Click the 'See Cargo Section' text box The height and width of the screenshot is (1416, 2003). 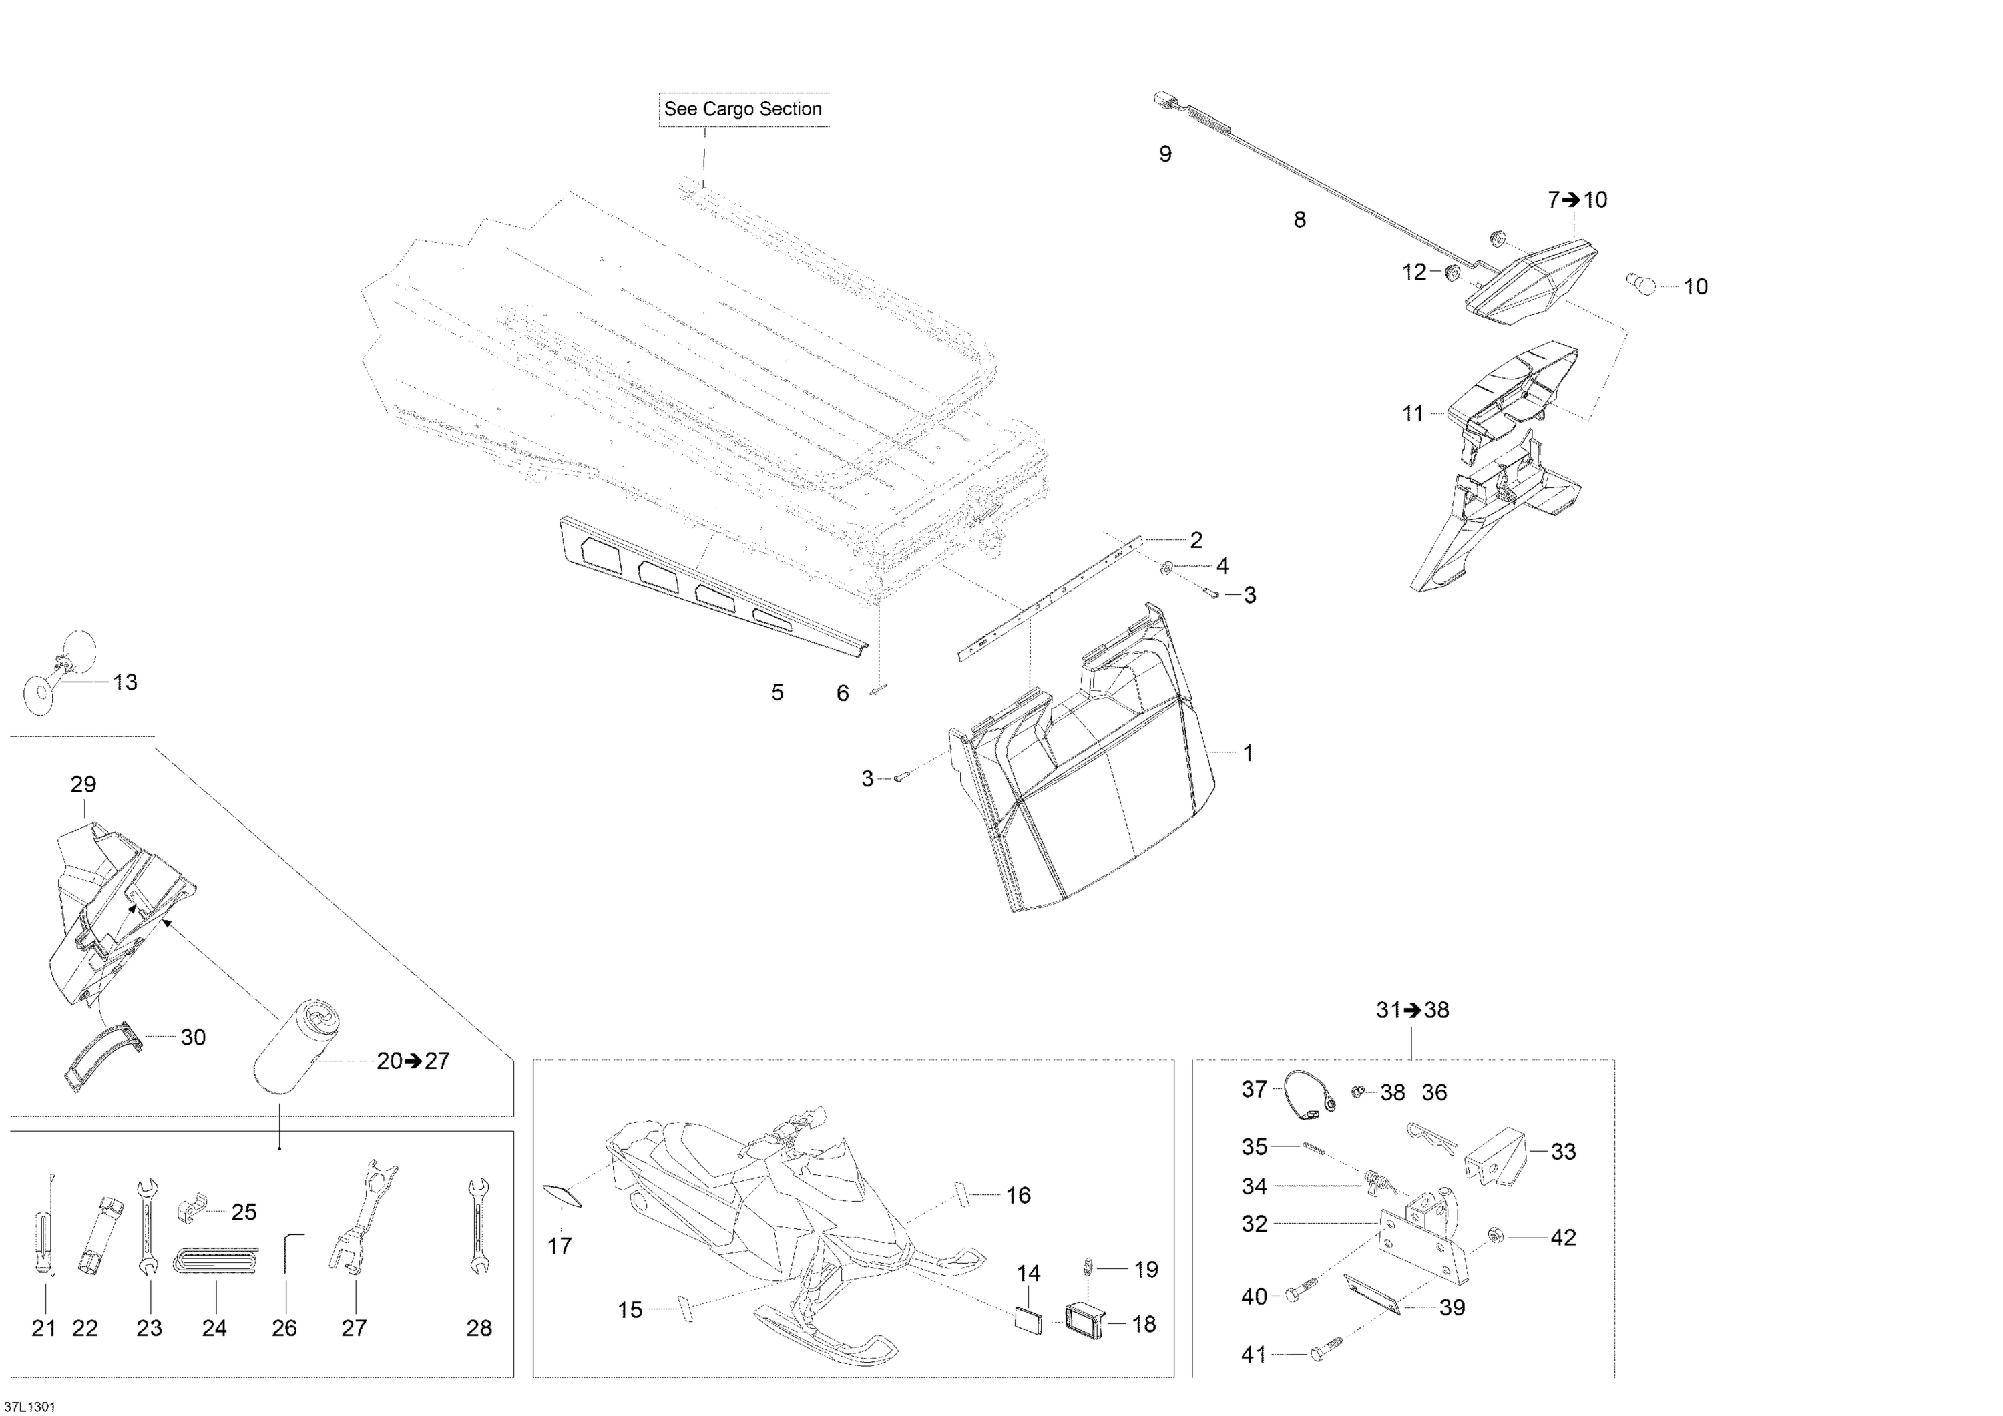743,109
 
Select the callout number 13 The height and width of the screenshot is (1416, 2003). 126,682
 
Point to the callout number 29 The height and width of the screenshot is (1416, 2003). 83,784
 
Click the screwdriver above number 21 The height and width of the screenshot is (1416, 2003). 45,1226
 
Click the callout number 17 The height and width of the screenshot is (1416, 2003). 560,1246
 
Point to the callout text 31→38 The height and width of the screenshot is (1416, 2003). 1412,1009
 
